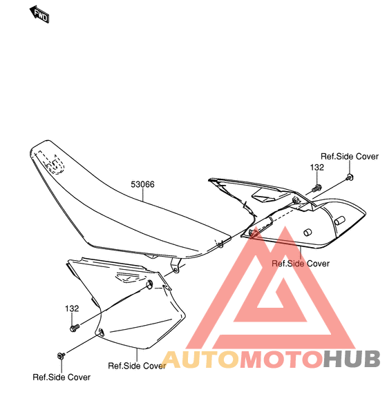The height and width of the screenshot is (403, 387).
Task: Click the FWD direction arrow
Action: [39, 14]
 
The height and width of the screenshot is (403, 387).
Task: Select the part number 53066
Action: [142, 184]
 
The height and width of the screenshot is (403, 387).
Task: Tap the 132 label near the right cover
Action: [317, 168]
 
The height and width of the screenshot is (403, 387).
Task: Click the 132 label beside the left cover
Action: [72, 308]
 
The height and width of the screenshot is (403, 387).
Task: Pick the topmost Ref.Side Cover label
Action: [350, 156]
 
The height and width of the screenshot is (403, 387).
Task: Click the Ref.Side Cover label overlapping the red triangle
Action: [301, 264]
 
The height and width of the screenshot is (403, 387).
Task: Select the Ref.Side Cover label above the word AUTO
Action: [137, 366]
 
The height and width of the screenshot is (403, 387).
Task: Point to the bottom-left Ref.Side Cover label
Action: [62, 377]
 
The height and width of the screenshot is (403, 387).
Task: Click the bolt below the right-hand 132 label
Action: [317, 188]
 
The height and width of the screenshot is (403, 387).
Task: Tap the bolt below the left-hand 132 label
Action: [75, 328]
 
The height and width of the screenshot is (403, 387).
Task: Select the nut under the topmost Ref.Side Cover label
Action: [350, 177]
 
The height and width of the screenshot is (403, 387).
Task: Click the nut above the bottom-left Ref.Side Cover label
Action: [61, 355]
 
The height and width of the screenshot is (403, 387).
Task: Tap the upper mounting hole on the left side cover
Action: [149, 284]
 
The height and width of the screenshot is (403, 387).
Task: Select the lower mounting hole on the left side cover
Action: [101, 332]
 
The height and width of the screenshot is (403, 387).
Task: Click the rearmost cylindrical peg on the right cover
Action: [339, 221]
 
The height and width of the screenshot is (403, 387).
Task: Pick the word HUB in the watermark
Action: [352, 359]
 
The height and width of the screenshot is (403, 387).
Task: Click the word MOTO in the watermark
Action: [281, 359]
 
